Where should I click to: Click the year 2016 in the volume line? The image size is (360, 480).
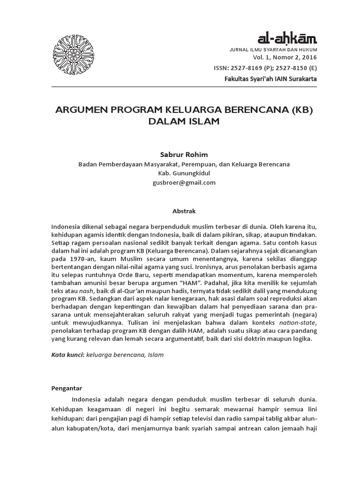pos(308,58)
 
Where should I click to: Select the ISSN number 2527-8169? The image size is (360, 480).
pos(247,68)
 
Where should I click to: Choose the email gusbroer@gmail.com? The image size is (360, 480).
pos(180,183)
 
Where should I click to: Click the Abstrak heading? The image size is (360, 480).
pos(180,211)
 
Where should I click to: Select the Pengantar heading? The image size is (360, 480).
pos(66,388)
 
